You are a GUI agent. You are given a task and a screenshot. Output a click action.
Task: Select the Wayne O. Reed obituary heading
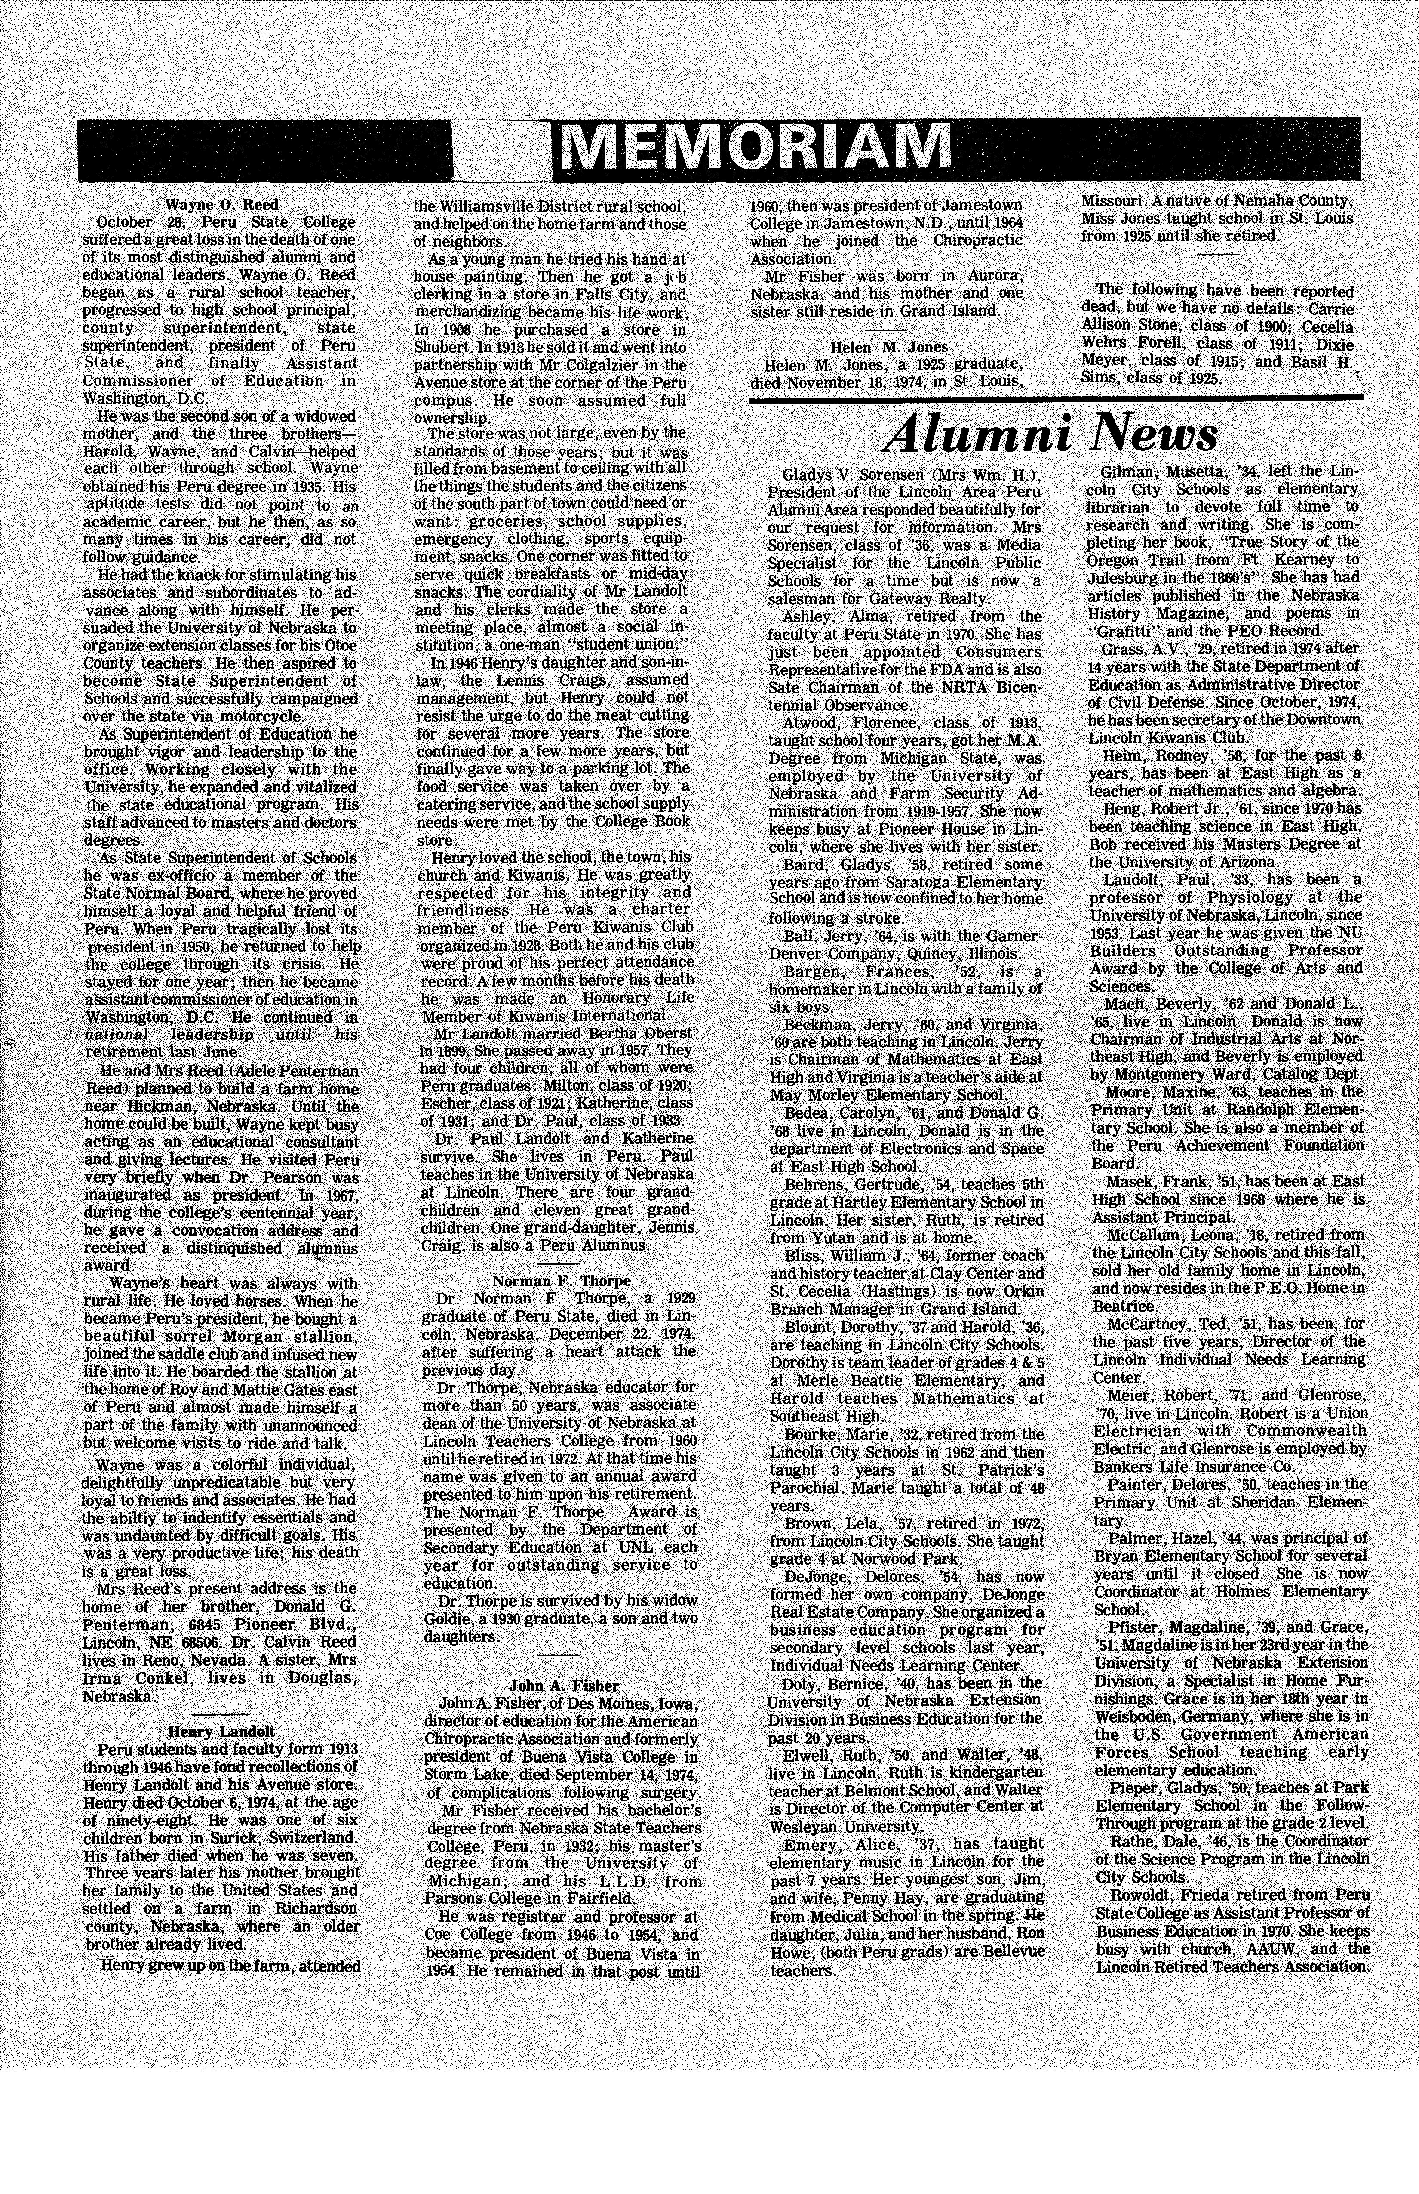(221, 205)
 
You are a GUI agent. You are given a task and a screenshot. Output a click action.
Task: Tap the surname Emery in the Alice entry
(812, 1844)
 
